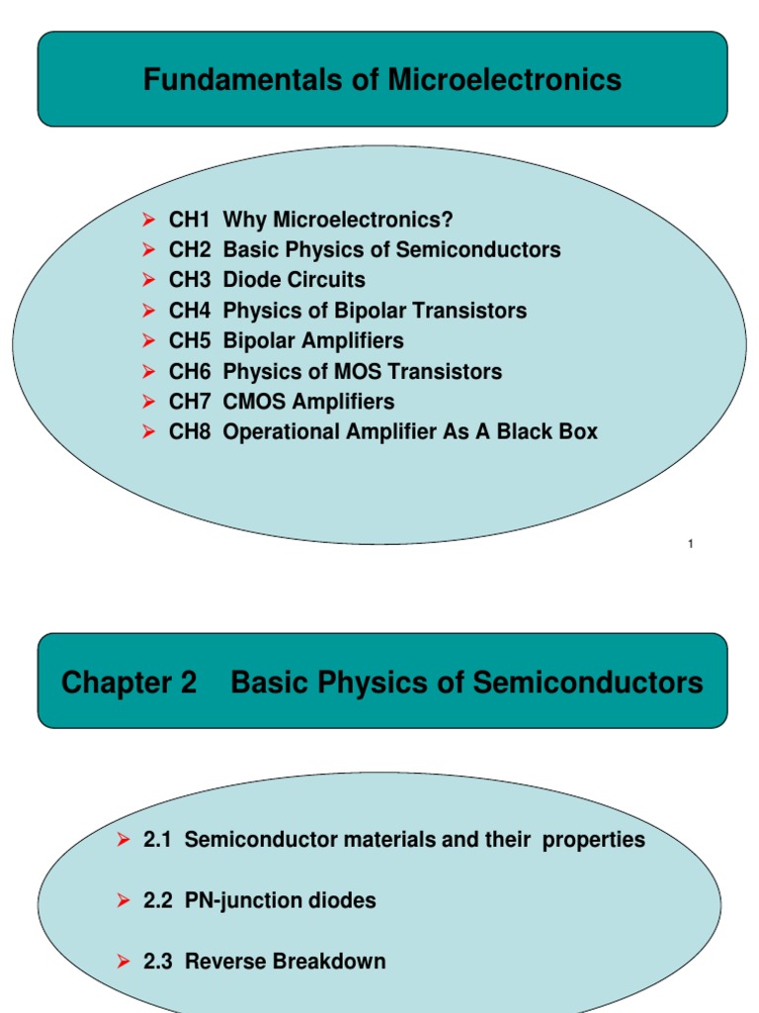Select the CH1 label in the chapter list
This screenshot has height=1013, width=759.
click(190, 220)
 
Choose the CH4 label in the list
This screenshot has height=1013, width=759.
click(190, 311)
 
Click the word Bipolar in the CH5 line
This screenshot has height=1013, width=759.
click(259, 341)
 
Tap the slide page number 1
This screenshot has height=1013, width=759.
click(690, 543)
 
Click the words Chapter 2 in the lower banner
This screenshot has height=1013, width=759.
click(129, 683)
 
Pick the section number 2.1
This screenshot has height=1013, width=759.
click(158, 840)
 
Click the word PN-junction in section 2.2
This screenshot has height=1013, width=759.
click(242, 901)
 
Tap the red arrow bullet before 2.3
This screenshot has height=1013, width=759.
click(124, 962)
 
